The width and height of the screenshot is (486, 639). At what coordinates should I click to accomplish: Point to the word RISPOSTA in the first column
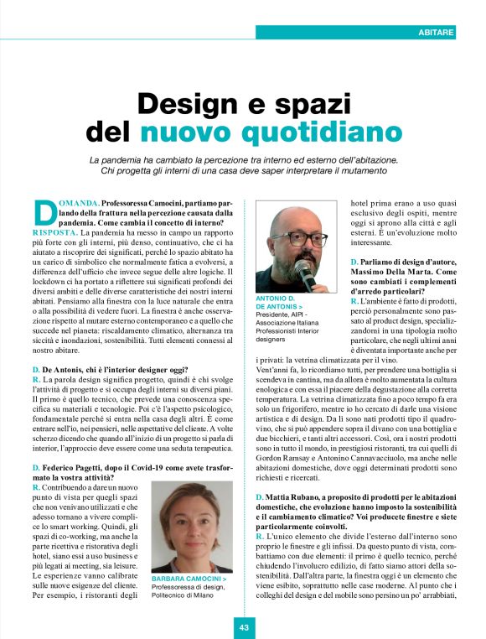[x=56, y=231]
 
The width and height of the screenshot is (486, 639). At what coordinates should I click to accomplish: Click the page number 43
[x=244, y=626]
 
